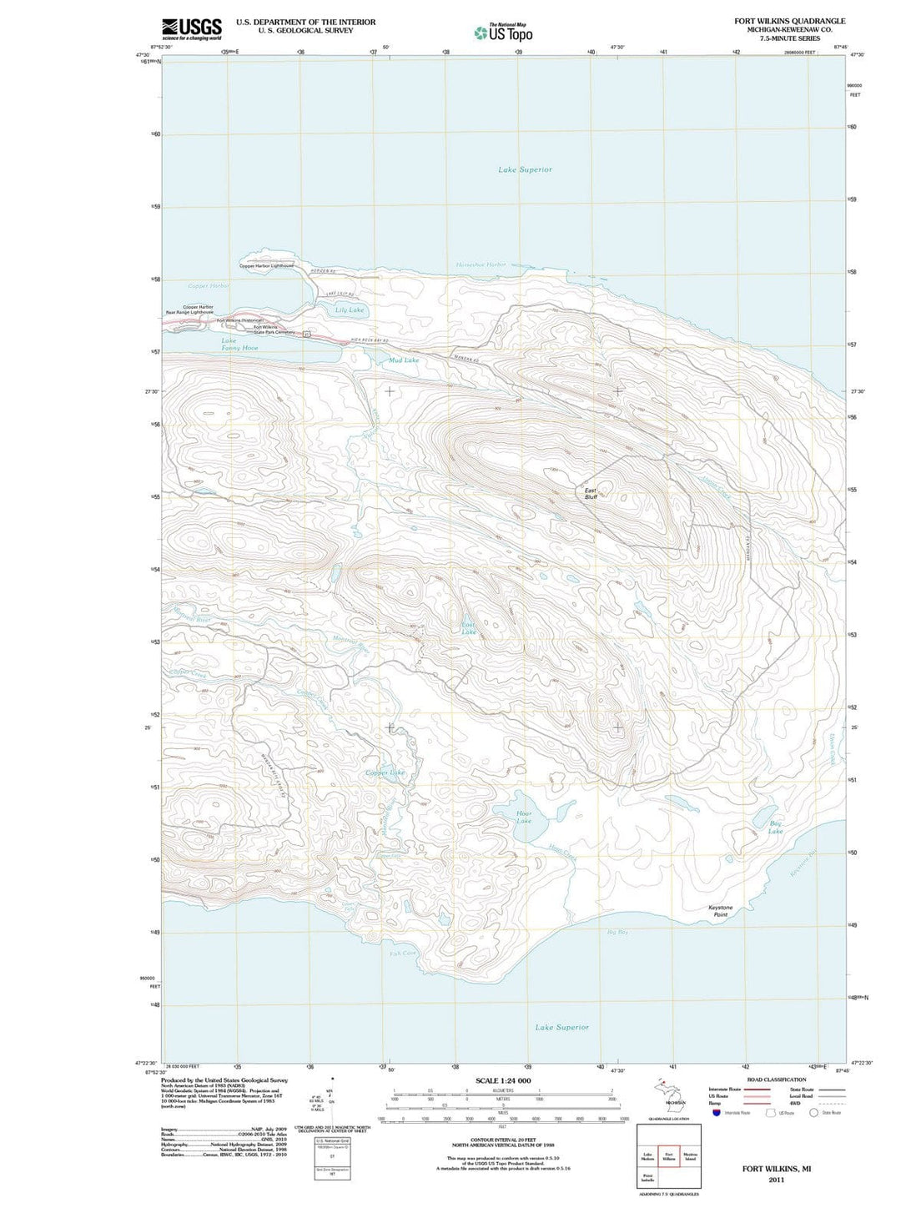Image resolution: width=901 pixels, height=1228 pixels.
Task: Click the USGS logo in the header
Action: (x=192, y=28)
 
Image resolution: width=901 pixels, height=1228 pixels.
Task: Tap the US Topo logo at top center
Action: (x=503, y=33)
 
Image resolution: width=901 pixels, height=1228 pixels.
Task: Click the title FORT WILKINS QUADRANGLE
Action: (x=789, y=21)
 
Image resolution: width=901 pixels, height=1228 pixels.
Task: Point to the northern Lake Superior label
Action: (x=525, y=169)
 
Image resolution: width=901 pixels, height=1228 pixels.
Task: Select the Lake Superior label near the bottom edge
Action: (x=561, y=1027)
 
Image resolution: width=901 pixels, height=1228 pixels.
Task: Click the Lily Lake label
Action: (x=350, y=310)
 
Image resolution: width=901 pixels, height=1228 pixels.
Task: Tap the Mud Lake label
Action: (x=404, y=360)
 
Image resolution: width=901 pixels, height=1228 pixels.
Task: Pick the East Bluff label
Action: (x=591, y=493)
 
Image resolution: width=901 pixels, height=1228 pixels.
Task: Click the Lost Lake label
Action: (x=469, y=628)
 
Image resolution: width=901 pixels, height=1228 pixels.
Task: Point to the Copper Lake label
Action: (x=385, y=773)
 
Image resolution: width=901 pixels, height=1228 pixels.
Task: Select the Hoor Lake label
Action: (x=523, y=817)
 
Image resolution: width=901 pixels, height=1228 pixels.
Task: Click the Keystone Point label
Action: (x=720, y=911)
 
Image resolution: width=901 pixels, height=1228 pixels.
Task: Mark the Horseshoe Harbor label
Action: (x=481, y=264)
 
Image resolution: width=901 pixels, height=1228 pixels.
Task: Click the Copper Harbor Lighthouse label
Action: (x=267, y=266)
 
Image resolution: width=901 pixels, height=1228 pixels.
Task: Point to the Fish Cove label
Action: (x=402, y=953)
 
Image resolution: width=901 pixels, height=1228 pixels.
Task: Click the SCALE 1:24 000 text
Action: (x=502, y=1080)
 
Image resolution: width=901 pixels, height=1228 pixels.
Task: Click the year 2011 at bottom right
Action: (x=776, y=1180)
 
